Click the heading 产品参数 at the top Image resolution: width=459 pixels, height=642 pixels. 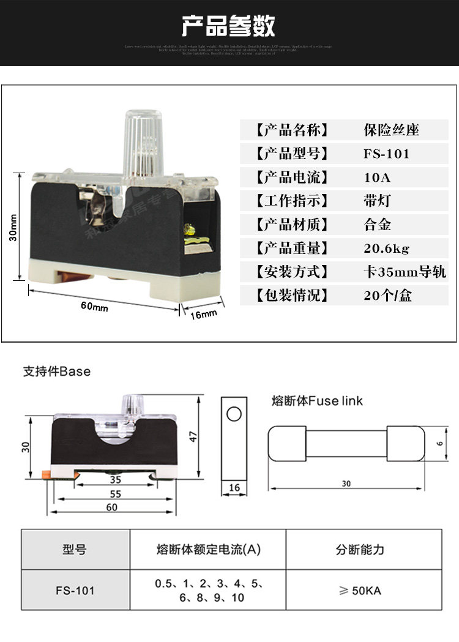tap(229, 26)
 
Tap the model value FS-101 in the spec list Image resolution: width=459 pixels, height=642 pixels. tap(386, 154)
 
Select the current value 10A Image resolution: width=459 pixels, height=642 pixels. tap(377, 177)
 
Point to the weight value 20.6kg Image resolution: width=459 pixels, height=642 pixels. tap(387, 248)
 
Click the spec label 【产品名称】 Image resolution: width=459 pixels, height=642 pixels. tap(292, 130)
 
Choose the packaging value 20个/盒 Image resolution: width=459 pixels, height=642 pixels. tap(388, 296)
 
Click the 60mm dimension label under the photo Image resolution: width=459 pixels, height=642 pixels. tap(94, 306)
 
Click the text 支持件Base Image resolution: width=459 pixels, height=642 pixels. tap(56, 371)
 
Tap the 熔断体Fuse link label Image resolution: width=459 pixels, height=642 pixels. tap(317, 401)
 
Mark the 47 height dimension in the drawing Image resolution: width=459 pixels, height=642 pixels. tap(193, 436)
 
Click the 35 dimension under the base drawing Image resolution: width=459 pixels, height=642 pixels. tap(115, 480)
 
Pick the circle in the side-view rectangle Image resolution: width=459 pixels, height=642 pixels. tap(234, 415)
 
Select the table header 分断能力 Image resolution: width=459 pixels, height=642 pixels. tap(360, 550)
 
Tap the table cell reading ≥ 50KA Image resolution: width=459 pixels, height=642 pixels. tap(360, 591)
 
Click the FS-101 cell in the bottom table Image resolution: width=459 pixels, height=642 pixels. tap(75, 591)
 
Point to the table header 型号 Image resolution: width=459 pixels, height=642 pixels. tap(75, 550)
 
